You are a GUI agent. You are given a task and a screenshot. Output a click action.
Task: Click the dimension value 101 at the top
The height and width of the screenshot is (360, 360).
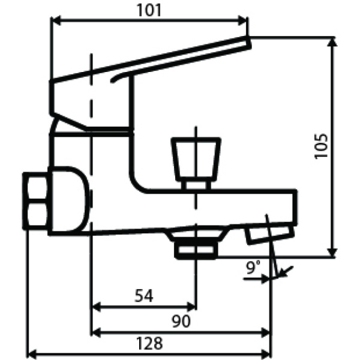tap(149, 10)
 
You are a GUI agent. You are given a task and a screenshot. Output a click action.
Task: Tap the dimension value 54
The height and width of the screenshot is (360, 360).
tap(143, 295)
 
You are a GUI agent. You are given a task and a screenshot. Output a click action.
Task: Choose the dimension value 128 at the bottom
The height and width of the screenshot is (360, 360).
tap(150, 344)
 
